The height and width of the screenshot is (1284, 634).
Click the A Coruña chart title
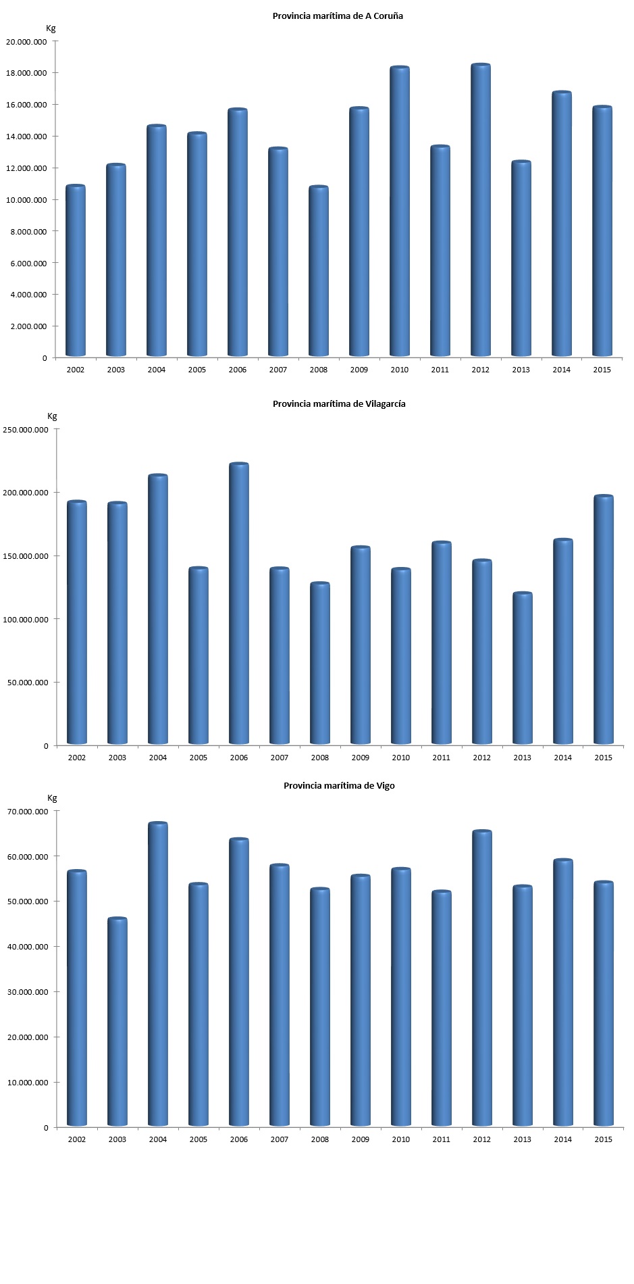coord(338,16)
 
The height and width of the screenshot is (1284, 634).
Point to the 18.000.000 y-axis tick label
coord(26,73)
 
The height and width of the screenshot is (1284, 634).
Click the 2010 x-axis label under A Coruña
coord(400,370)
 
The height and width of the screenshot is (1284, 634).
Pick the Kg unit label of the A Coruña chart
coord(51,28)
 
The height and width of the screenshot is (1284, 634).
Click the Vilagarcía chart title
coord(339,404)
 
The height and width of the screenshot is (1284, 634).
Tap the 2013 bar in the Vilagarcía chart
coord(523,668)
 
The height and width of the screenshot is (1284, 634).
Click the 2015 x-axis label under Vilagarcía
coord(603,758)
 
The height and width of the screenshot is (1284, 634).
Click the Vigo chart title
coord(339,786)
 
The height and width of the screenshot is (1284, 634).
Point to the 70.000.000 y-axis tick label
coord(26,812)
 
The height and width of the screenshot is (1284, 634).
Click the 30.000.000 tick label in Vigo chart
coord(26,992)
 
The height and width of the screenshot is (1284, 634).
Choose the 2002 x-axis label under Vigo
coord(77,1139)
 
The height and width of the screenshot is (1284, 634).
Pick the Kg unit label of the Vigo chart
coord(52,798)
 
